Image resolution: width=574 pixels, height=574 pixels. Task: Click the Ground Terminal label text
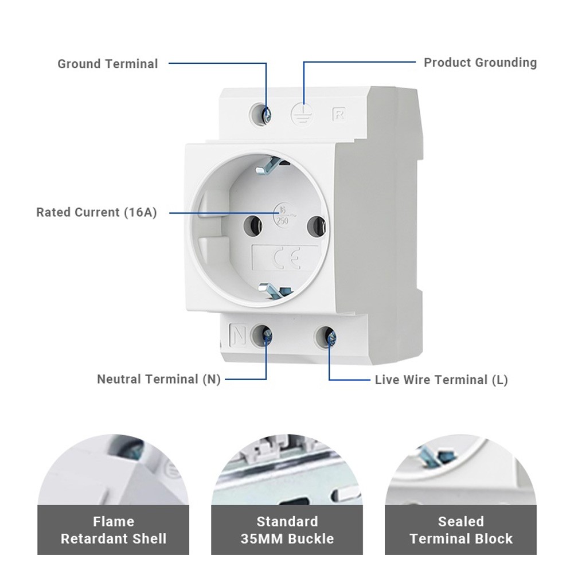[107, 64]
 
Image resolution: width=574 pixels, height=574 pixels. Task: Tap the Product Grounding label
[480, 63]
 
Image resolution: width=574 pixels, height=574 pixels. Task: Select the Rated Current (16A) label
[96, 212]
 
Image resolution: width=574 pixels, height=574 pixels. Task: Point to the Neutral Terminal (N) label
[158, 379]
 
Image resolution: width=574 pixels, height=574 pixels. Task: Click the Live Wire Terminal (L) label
[441, 380]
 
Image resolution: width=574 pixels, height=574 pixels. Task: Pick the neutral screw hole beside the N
[264, 335]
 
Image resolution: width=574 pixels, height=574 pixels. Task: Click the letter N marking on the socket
[238, 334]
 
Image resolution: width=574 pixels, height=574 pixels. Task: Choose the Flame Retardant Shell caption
[114, 530]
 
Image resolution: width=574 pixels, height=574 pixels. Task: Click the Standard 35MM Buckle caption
[287, 530]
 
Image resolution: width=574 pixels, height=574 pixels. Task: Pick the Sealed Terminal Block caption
[461, 530]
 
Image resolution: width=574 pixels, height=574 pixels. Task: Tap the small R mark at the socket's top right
[338, 113]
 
